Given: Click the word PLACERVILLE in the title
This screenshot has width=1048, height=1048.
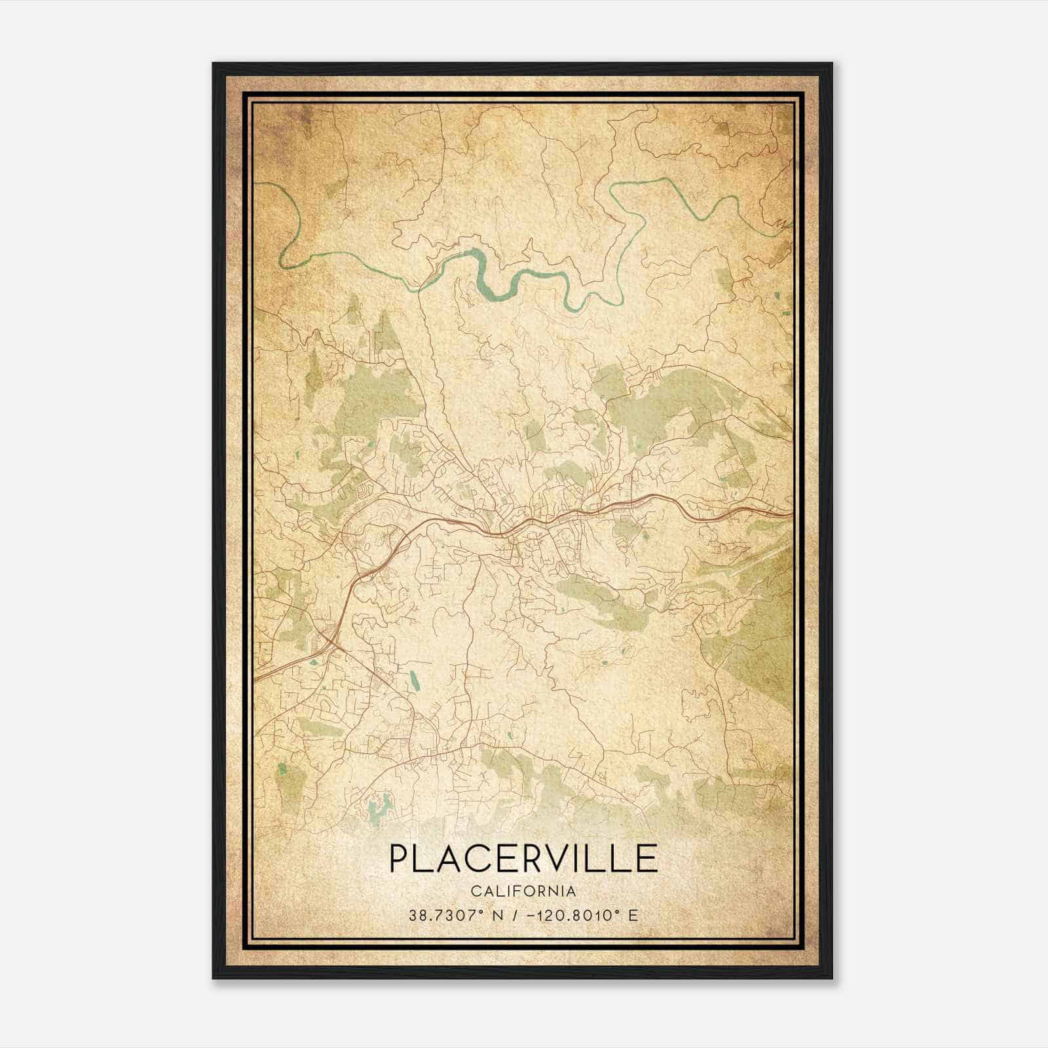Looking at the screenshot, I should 523,859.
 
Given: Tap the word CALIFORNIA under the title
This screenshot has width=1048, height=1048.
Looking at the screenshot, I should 523,891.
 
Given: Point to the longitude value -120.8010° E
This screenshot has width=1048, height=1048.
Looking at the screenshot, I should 586,916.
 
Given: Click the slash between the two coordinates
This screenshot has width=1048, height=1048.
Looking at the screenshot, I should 517,916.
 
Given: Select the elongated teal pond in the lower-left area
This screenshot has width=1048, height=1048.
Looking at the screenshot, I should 414,685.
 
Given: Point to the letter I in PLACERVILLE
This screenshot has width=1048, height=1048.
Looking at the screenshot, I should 583,859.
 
